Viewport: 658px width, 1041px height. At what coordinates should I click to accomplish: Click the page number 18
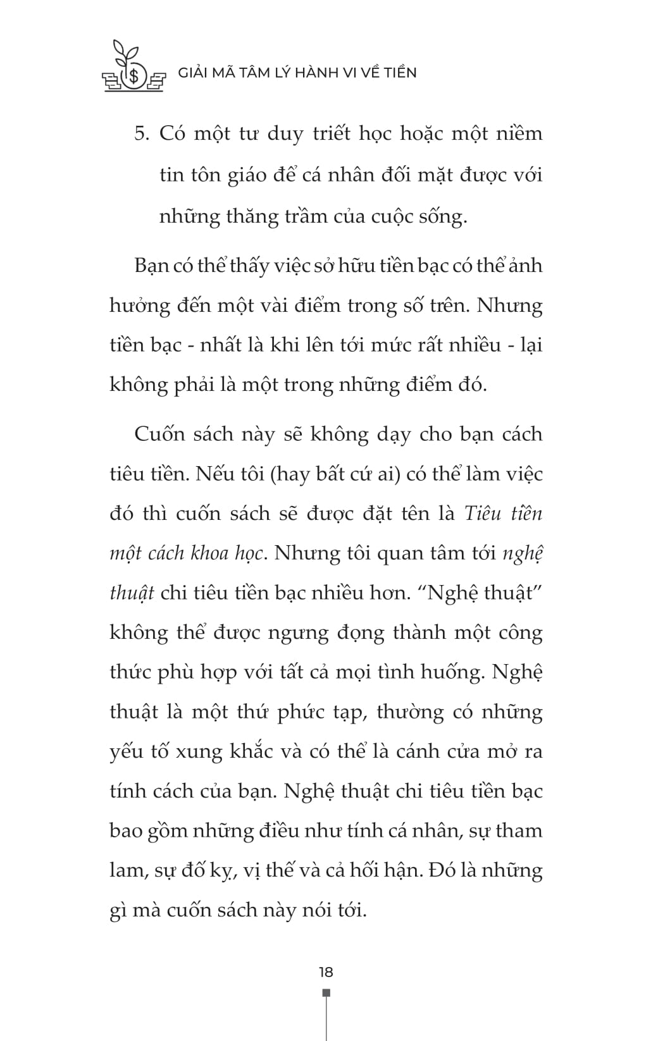tap(326, 972)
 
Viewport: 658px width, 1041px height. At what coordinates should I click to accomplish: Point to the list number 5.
tap(141, 134)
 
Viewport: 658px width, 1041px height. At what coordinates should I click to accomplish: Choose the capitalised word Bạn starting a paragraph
tap(152, 265)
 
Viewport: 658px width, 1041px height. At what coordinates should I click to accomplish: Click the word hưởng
tap(140, 306)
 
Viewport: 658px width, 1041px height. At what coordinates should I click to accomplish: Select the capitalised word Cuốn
tap(161, 434)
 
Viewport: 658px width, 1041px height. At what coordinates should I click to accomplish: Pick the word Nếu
tap(214, 474)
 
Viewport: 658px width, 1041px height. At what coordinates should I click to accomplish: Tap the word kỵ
tap(225, 871)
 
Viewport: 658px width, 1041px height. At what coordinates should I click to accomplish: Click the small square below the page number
tap(326, 992)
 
